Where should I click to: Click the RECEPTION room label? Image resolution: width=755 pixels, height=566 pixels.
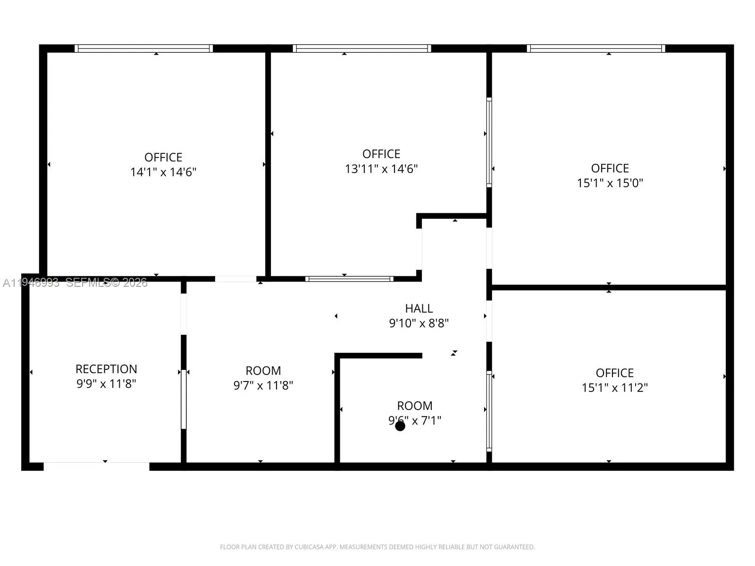(106, 369)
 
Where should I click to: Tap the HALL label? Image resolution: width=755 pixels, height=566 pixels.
(419, 308)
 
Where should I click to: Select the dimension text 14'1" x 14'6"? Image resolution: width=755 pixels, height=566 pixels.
(163, 172)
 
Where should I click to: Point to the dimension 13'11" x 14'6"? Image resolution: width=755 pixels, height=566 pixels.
(381, 169)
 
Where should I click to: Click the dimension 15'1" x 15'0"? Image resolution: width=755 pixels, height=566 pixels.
(610, 183)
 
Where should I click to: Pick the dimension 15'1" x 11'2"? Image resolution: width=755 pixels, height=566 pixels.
(614, 388)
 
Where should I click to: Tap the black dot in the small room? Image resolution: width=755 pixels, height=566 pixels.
(400, 426)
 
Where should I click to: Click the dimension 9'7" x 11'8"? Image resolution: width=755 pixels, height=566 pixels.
(263, 385)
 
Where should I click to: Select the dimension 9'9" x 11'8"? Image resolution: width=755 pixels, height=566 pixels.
(106, 383)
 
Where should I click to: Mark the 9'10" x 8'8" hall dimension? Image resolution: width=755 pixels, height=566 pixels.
(419, 323)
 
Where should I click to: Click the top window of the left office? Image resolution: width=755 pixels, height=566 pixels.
(143, 48)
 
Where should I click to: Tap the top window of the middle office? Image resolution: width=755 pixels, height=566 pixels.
(361, 48)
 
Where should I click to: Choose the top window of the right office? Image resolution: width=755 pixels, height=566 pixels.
(596, 48)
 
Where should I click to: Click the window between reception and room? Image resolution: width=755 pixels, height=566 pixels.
(184, 399)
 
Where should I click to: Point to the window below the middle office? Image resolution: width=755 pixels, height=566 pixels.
(349, 279)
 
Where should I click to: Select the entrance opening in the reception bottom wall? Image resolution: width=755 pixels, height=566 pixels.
(97, 466)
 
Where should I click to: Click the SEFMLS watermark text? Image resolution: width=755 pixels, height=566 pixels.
(106, 283)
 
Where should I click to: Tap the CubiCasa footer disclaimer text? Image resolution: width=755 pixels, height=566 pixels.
(377, 547)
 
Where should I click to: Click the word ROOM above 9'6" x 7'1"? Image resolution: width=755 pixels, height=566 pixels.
(414, 406)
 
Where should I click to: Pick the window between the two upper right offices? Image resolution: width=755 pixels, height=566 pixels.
(489, 142)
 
